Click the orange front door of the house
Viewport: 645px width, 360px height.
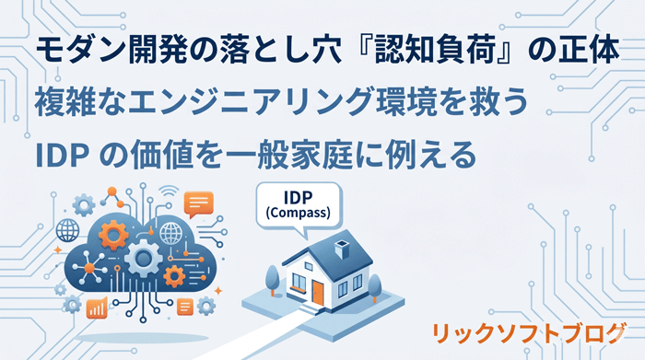pyautogui.click(x=317, y=292)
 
